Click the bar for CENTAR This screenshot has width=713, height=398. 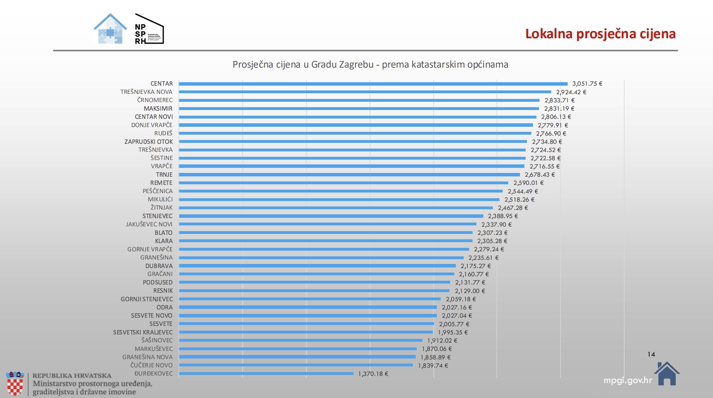(373, 84)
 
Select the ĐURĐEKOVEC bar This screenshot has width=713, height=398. (266, 374)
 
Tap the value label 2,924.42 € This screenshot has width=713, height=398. (571, 92)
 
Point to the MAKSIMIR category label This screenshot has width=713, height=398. (158, 108)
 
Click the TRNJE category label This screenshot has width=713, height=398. (164, 175)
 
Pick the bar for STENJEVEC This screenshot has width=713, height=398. (331, 216)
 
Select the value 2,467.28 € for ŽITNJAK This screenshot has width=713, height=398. (512, 208)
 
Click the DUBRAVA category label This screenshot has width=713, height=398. (159, 266)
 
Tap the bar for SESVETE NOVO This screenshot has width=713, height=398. (308, 315)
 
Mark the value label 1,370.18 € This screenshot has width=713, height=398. (373, 374)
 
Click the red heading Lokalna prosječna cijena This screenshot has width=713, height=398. (600, 34)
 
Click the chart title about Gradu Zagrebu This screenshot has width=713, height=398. (370, 64)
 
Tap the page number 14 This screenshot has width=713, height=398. (651, 354)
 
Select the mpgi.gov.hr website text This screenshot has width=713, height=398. (627, 380)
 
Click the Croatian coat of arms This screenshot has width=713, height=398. (15, 383)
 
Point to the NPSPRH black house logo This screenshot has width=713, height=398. (149, 29)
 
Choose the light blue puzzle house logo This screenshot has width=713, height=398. (110, 29)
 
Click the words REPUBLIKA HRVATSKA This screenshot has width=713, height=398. (72, 376)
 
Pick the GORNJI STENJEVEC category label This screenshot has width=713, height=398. (147, 299)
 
